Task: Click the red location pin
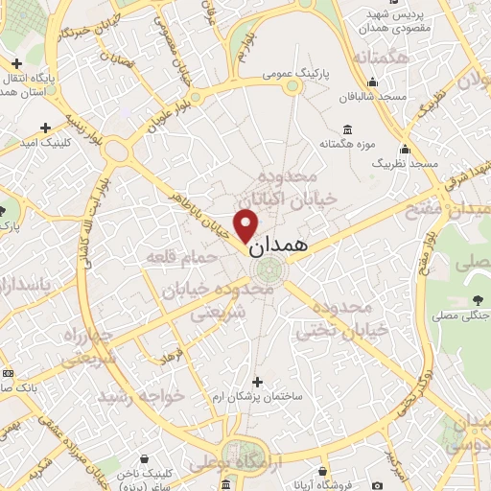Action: pos(246,224)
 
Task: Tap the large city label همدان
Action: pos(280,245)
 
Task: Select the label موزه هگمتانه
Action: pos(345,144)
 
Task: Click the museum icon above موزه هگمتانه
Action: pos(345,129)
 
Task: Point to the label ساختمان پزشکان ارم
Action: pos(265,396)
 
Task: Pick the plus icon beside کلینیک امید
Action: pos(46,127)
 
